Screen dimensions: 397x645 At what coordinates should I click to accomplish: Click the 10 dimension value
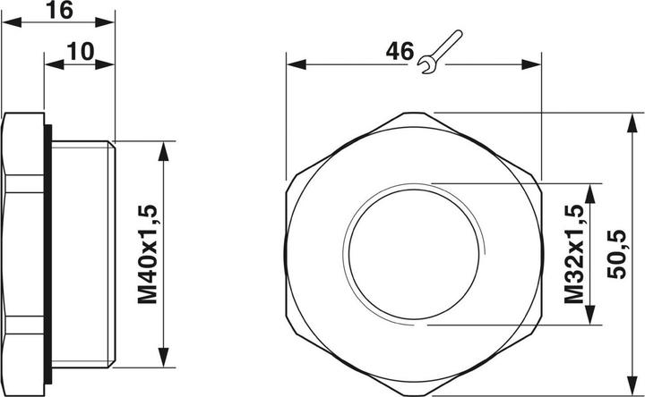80,50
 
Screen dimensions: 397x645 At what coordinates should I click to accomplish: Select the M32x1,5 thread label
574,255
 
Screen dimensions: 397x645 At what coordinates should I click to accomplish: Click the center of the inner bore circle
415,255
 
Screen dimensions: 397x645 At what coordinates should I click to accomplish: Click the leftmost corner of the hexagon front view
287,255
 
